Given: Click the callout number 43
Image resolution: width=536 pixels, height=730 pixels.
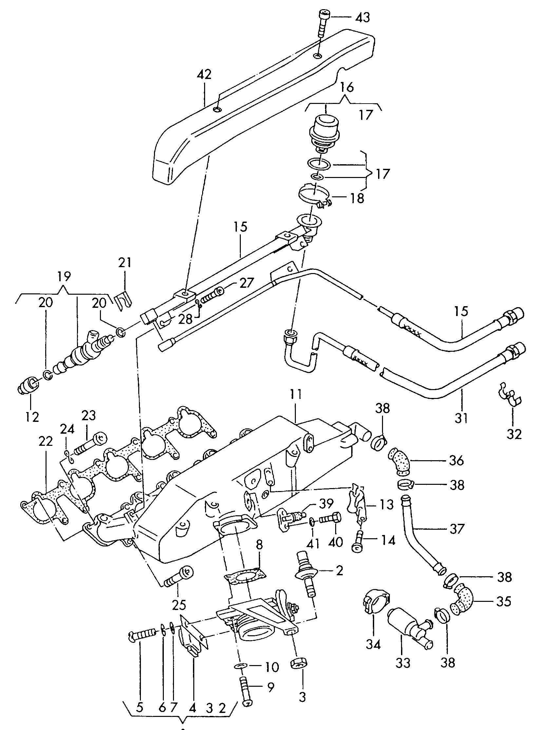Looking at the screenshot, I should pyautogui.click(x=362, y=17).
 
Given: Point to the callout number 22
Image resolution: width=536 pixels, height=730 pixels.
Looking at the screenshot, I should pyautogui.click(x=46, y=442).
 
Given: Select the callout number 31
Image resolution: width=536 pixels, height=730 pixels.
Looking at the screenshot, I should pyautogui.click(x=462, y=418).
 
